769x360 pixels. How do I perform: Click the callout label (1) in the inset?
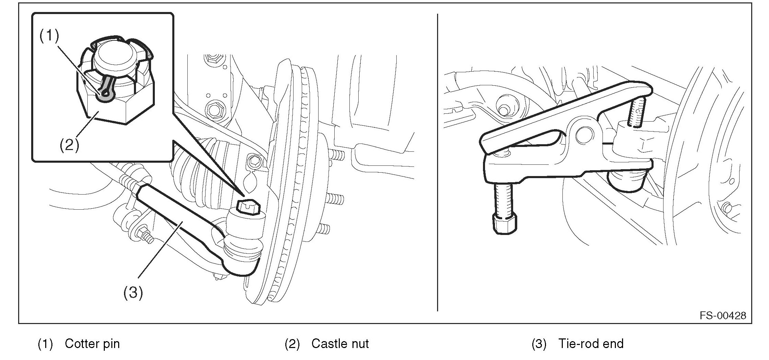(x=49, y=36)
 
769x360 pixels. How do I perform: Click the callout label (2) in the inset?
(x=70, y=145)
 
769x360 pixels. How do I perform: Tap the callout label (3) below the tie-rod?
(x=133, y=293)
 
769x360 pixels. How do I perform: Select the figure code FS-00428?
(x=722, y=315)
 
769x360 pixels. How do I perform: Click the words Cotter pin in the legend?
(x=92, y=344)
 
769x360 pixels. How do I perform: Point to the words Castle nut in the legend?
(x=340, y=344)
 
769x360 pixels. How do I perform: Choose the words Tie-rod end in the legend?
(x=591, y=344)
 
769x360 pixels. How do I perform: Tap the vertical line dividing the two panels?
(x=437, y=162)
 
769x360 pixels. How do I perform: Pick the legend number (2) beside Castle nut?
(x=292, y=344)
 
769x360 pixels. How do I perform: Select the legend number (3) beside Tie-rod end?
(x=539, y=344)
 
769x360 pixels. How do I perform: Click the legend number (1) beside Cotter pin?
(x=45, y=344)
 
